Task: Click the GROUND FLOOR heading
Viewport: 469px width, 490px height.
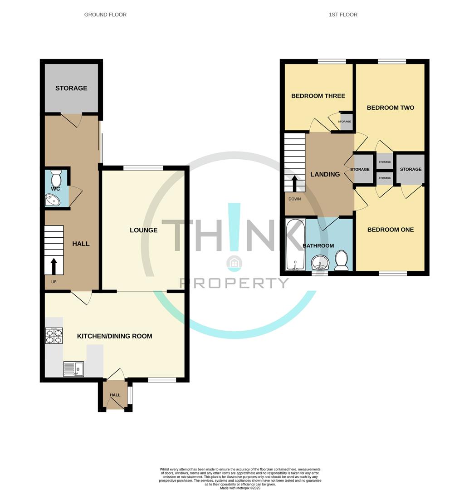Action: (x=105, y=15)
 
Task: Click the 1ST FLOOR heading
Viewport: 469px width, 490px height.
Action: (x=343, y=15)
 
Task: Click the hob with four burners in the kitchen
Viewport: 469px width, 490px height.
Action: (x=54, y=336)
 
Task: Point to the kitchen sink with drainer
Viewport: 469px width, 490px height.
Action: (x=73, y=369)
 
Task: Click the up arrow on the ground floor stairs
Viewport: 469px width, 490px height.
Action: (x=54, y=266)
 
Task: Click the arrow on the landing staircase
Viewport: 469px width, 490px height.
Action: (x=294, y=183)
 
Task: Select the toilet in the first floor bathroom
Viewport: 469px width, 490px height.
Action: (x=341, y=260)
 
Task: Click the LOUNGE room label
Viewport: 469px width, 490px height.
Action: (x=143, y=230)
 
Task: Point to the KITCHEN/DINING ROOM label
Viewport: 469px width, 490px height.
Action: (x=114, y=336)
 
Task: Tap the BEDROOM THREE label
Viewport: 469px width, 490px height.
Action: (x=318, y=96)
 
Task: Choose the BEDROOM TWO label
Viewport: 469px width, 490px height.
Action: (x=390, y=108)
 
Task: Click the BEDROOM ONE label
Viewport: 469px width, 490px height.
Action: (x=390, y=230)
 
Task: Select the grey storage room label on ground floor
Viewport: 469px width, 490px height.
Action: (x=71, y=88)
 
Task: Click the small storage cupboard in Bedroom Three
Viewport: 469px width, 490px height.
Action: (x=346, y=122)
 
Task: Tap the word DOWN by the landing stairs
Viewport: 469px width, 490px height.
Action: (x=294, y=199)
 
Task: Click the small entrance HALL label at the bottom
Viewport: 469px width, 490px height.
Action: (x=115, y=395)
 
